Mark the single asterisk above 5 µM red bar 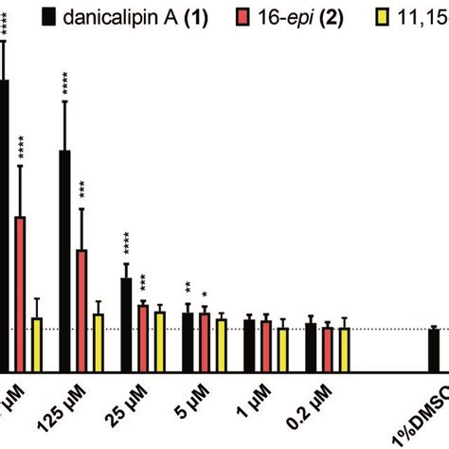click(205, 294)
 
